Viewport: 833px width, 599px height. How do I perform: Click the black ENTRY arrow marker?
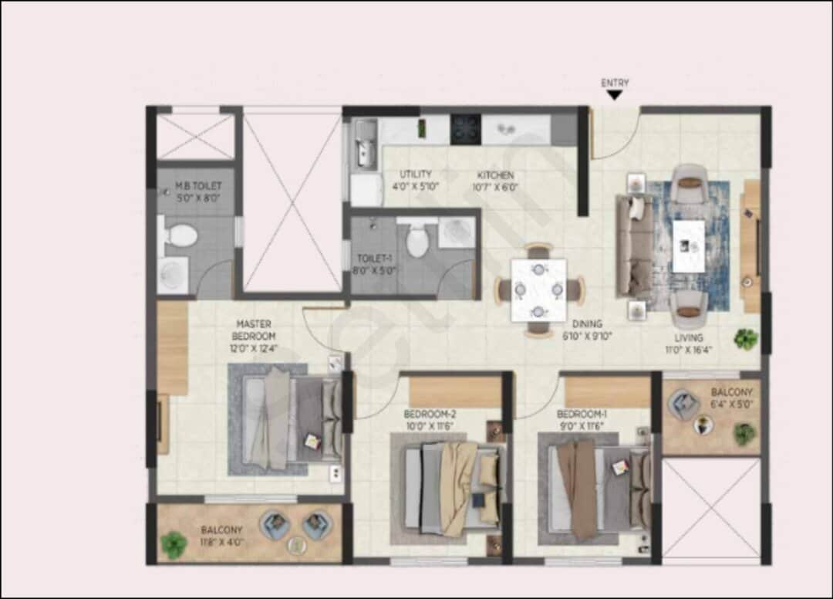pos(614,95)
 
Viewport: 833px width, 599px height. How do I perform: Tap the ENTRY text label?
pos(615,83)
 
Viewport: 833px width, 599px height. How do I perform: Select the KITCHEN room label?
pos(495,175)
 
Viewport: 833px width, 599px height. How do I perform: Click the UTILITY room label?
pos(416,174)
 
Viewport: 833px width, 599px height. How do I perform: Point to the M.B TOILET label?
pos(198,186)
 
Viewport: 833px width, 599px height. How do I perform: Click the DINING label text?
pos(587,324)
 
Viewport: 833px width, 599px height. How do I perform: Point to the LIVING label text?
pos(689,338)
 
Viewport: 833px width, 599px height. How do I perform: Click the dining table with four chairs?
pos(539,289)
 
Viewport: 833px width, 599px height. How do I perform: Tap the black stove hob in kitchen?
pos(466,129)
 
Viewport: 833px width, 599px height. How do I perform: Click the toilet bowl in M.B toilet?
pos(180,233)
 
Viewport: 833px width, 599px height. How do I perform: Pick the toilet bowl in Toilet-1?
pos(417,240)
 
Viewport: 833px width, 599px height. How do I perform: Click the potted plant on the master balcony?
pos(173,544)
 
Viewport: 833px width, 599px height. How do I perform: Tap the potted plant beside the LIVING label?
pos(746,338)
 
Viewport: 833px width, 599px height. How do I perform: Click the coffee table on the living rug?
pos(689,245)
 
